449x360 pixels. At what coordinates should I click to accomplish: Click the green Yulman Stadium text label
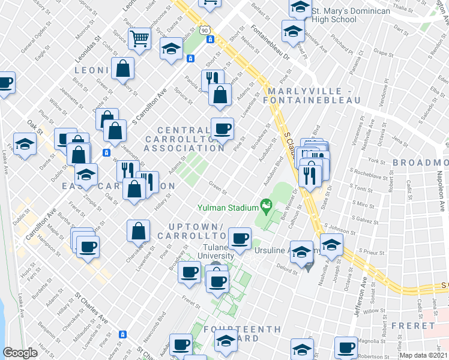(228, 208)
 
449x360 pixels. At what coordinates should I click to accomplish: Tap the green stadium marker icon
(265, 208)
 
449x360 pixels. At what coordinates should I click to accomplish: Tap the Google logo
(20, 353)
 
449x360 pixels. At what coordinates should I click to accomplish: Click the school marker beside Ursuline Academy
(302, 252)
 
